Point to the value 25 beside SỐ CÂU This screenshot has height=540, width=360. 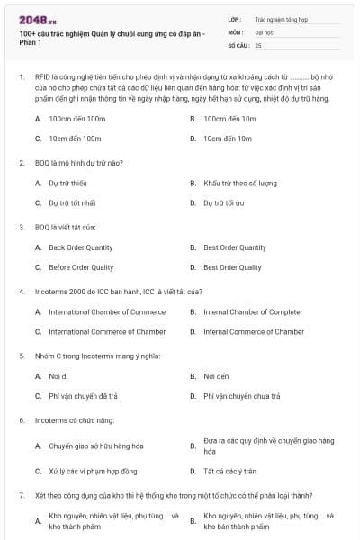point(258,44)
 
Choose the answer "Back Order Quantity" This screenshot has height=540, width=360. point(81,247)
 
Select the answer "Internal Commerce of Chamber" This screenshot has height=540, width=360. point(254,331)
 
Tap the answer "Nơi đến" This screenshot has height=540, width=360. point(216,376)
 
